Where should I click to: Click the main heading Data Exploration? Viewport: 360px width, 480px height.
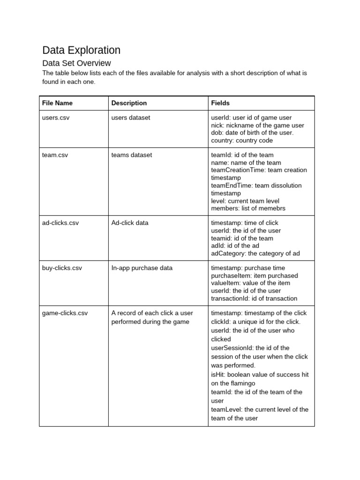click(81, 50)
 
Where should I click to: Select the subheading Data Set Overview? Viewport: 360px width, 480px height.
click(76, 63)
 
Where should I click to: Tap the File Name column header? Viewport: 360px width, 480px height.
click(57, 103)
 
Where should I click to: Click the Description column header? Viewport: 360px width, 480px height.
click(129, 103)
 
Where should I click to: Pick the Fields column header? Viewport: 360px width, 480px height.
click(220, 103)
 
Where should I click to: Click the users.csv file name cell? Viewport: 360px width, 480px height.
click(56, 118)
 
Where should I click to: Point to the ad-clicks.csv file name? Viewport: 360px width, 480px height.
click(60, 223)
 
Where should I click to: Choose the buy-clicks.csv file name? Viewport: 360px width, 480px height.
click(62, 268)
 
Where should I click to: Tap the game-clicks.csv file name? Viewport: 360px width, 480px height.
click(65, 313)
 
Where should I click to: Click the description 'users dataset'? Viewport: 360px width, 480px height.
click(131, 118)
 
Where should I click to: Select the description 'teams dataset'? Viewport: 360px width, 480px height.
click(132, 155)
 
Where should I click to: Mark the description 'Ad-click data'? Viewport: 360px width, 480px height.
click(130, 223)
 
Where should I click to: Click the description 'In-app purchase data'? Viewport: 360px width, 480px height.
click(142, 268)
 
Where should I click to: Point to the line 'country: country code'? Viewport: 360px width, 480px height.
click(242, 140)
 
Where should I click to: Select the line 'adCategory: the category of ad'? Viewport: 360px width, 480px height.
click(255, 253)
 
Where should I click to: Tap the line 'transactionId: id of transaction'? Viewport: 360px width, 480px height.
click(254, 298)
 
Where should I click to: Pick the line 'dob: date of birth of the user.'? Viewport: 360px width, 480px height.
click(252, 133)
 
